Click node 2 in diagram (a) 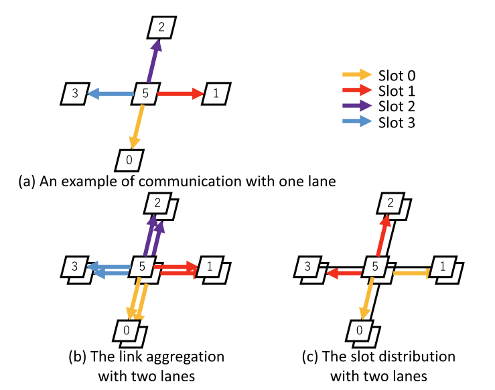pyautogui.click(x=162, y=27)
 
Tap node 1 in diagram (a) pyautogui.click(x=216, y=94)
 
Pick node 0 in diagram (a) pyautogui.click(x=127, y=159)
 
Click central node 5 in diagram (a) pyautogui.click(x=145, y=94)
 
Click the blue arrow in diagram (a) pyautogui.click(x=111, y=94)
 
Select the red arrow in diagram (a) pyautogui.click(x=180, y=94)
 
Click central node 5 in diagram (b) pyautogui.click(x=143, y=267)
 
